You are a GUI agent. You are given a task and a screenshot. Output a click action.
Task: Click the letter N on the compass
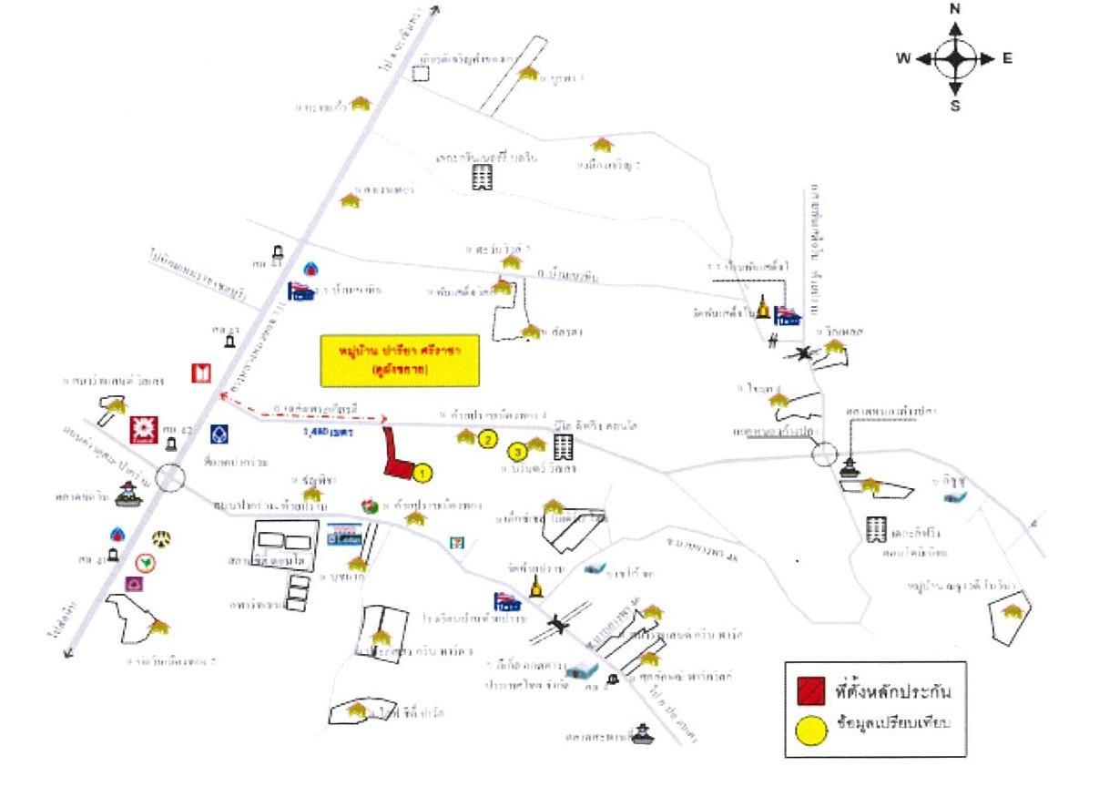pos(955,9)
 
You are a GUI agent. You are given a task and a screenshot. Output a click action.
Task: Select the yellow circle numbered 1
pos(422,472)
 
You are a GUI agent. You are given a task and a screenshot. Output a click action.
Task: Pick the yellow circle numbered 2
pos(487,440)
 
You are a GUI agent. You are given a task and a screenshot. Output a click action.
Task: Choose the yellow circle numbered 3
pos(518,450)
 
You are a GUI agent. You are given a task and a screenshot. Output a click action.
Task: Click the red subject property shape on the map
pos(396,455)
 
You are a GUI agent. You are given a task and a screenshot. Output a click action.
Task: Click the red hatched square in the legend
pos(808,690)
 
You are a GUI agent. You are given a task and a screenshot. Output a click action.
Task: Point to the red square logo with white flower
pos(143,428)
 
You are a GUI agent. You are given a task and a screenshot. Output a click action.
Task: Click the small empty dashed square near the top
pos(420,73)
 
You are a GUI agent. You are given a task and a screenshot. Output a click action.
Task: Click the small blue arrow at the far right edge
pos(1032,522)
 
